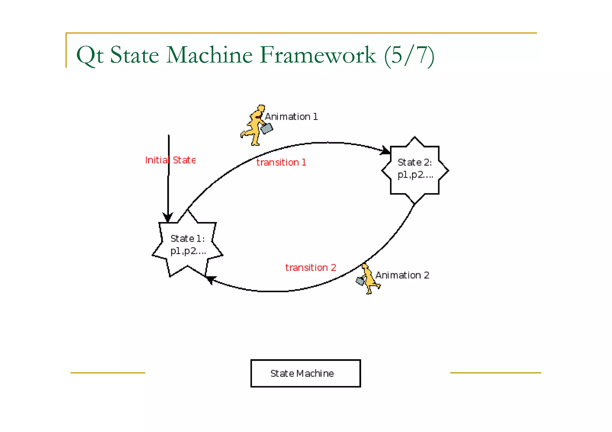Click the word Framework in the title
pos(318,55)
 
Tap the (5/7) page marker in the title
pos(409,56)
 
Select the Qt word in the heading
pos(90,56)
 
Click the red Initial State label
pos(170,160)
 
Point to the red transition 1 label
pos(281,162)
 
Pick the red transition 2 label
pos(310,267)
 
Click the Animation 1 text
pos(291,117)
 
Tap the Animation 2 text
pos(402,275)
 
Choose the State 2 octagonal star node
pos(415,170)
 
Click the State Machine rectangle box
pos(305,373)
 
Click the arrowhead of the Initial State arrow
pos(168,217)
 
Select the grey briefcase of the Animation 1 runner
pos(266,129)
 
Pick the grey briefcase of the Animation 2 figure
pos(360,281)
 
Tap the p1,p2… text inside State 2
pos(415,175)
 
